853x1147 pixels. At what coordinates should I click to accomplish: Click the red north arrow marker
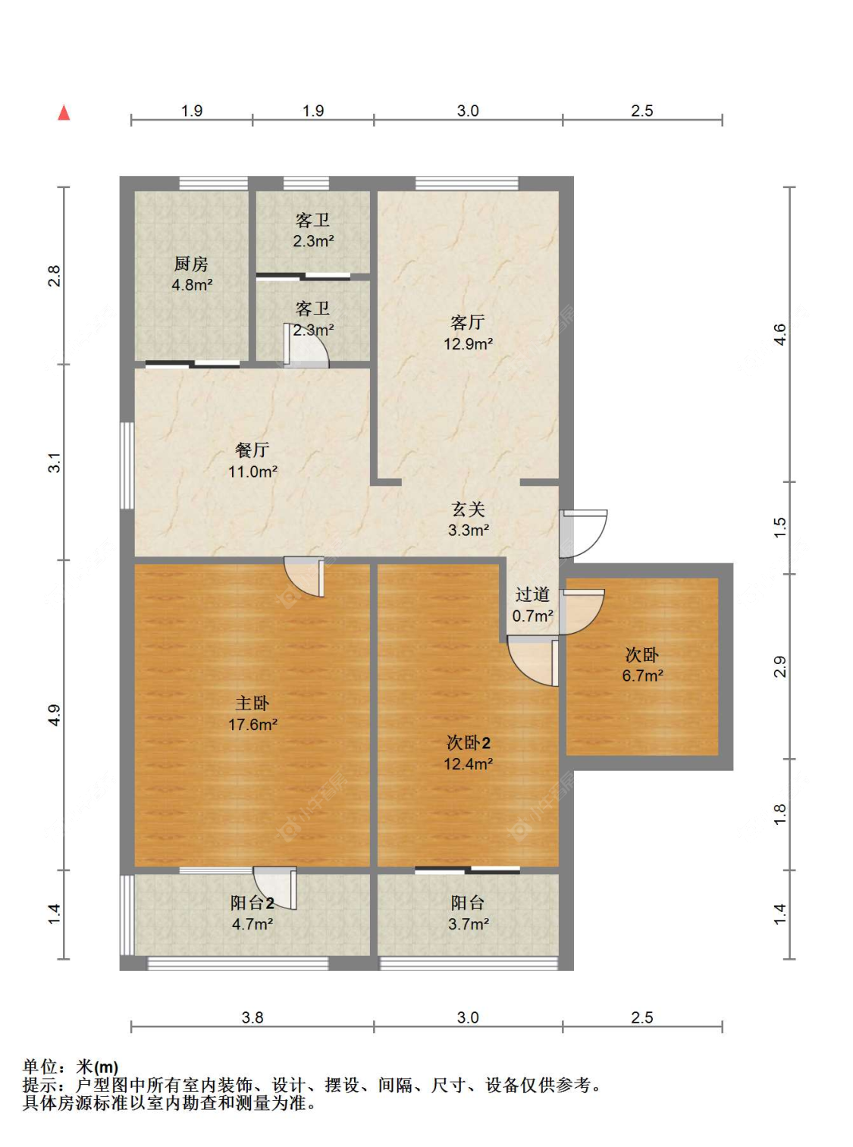pyautogui.click(x=64, y=113)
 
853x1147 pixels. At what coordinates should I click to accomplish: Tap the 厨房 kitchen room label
pyautogui.click(x=191, y=274)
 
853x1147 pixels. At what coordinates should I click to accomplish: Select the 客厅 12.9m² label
pyautogui.click(x=468, y=333)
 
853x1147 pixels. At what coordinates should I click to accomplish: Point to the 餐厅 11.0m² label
pyautogui.click(x=252, y=460)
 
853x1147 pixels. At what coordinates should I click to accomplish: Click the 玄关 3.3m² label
pyautogui.click(x=468, y=519)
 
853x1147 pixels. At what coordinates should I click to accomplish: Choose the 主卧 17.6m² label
pyautogui.click(x=252, y=713)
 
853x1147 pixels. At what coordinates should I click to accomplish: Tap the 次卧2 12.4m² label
pyautogui.click(x=468, y=753)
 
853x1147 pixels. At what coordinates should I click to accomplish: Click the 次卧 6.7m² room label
pyautogui.click(x=642, y=664)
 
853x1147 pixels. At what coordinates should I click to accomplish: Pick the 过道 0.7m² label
pyautogui.click(x=532, y=605)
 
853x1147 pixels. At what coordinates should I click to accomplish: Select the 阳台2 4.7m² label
pyautogui.click(x=252, y=913)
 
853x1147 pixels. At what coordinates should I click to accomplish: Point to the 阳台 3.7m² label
pyautogui.click(x=468, y=913)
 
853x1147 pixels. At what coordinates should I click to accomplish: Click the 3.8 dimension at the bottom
pyautogui.click(x=252, y=1017)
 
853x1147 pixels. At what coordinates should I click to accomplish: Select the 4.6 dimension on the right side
pyautogui.click(x=779, y=334)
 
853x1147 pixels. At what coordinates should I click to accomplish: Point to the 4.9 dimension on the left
pyautogui.click(x=54, y=715)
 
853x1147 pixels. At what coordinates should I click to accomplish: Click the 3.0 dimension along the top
pyautogui.click(x=468, y=111)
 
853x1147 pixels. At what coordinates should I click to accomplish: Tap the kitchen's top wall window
pyautogui.click(x=213, y=183)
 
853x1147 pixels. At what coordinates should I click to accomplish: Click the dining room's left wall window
pyautogui.click(x=127, y=465)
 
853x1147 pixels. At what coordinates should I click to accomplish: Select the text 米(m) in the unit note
pyautogui.click(x=97, y=1067)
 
